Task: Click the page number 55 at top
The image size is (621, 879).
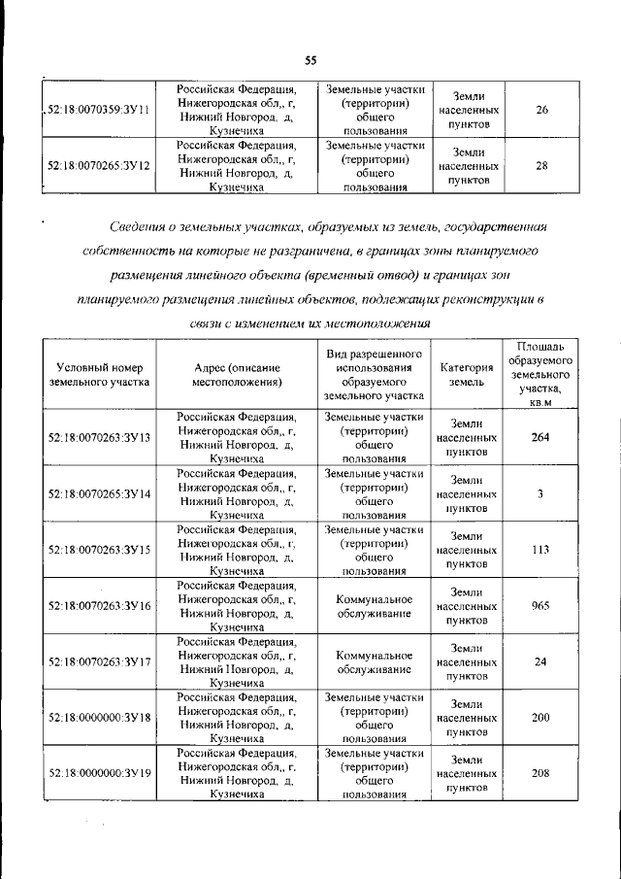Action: pos(311,60)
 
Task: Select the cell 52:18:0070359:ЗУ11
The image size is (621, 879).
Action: pos(97,110)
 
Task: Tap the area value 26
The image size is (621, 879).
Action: pos(541,110)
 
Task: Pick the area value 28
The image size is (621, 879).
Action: pos(541,166)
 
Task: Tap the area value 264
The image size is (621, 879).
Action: pos(541,437)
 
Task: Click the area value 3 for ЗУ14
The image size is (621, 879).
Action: pos(541,493)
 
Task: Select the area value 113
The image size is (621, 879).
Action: pos(541,550)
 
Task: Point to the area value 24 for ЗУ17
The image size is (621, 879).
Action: pos(541,662)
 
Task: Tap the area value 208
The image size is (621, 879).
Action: pos(541,773)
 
